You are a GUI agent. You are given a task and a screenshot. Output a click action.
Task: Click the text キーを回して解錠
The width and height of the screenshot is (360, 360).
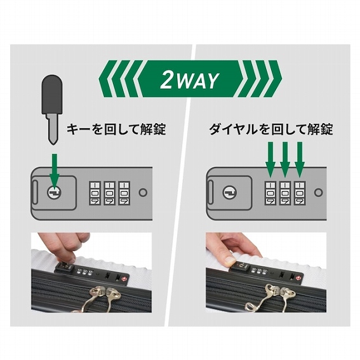[117, 130]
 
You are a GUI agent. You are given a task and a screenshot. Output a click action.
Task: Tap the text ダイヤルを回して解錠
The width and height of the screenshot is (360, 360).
[271, 130]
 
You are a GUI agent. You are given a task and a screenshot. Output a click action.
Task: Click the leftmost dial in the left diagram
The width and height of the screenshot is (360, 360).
[95, 192]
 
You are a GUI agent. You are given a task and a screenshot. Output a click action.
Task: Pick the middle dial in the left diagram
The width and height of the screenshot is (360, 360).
[109, 192]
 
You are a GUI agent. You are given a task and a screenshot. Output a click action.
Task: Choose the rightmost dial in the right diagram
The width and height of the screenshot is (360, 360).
[299, 192]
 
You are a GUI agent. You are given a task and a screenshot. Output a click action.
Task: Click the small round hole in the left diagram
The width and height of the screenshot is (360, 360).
[143, 192]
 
